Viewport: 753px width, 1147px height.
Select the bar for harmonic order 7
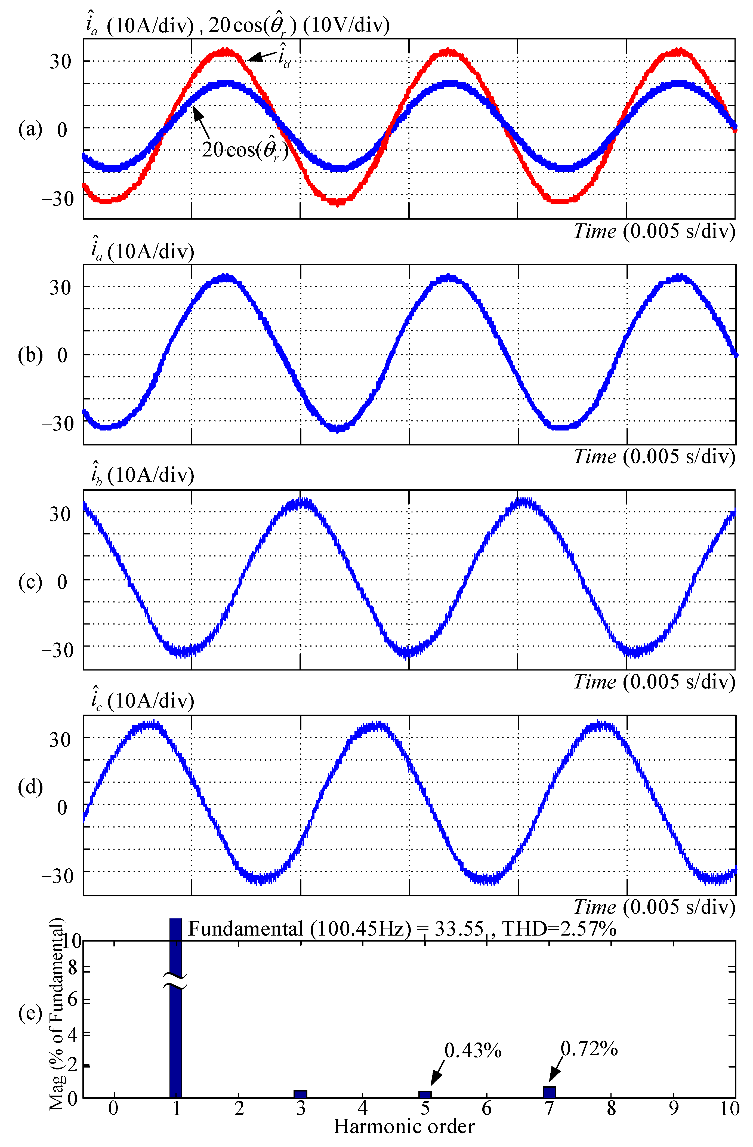pos(549,1092)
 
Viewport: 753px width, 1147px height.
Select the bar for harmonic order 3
pos(300,1094)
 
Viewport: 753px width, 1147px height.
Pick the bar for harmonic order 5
pos(424,1094)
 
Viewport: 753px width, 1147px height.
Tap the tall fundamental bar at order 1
pos(175,1036)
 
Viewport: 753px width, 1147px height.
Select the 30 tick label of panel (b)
pos(60,288)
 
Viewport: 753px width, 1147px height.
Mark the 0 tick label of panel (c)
pos(62,582)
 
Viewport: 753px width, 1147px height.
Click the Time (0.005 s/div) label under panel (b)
pos(654,456)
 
